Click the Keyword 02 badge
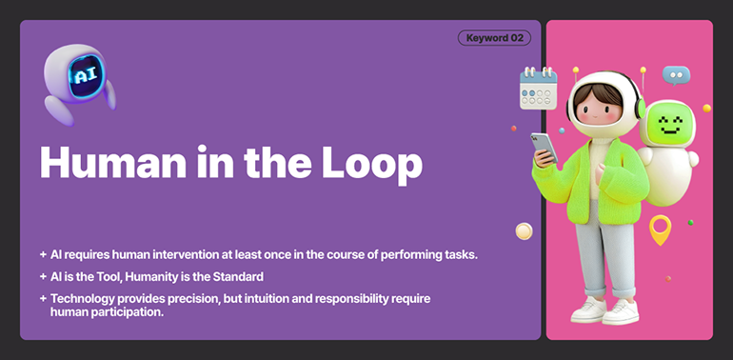pos(494,38)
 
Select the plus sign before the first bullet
pos(43,255)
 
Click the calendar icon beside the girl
pos(538,89)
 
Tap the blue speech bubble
pos(676,74)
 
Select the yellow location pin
pos(660,228)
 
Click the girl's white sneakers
pos(604,310)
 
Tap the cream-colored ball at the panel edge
pos(524,230)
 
